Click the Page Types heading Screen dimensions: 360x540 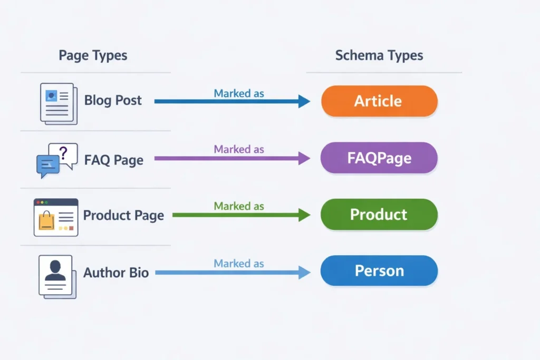[x=93, y=55]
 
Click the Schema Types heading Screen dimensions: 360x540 [x=379, y=55]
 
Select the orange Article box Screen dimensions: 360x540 [x=379, y=101]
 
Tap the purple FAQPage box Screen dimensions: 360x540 [x=379, y=158]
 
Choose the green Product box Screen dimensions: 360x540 [x=379, y=215]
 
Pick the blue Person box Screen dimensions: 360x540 [x=379, y=271]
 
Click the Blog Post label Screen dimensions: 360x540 [x=113, y=101]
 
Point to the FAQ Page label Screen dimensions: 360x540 [x=114, y=160]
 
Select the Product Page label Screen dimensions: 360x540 [x=123, y=216]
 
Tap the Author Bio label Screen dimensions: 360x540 [x=116, y=273]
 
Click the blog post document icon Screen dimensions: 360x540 [x=58, y=103]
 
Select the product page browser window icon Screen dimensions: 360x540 [x=55, y=217]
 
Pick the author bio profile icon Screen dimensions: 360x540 [x=56, y=276]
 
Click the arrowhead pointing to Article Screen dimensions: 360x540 [x=304, y=101]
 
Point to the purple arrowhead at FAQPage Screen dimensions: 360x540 [x=304, y=158]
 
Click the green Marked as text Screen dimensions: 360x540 [x=239, y=206]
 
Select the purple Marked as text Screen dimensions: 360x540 [x=239, y=149]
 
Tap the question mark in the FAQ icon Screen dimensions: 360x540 [x=64, y=153]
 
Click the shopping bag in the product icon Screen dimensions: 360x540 [x=46, y=220]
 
